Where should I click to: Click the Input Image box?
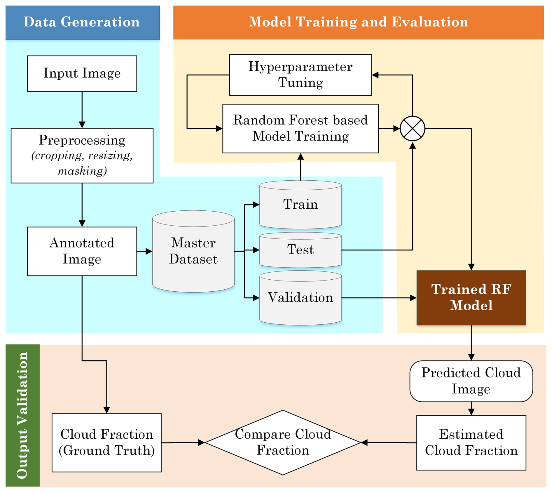pos(82,73)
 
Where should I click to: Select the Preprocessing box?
pos(82,155)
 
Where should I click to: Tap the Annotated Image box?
pos(82,251)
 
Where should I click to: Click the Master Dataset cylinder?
pos(193,251)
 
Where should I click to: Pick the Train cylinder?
pos(301,204)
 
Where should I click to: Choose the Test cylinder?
pos(301,250)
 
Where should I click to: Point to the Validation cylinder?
pos(301,298)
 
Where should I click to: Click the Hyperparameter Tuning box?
pos(301,75)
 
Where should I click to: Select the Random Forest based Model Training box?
pos(301,128)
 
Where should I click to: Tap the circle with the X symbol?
pos(412,128)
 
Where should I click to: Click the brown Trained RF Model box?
pos(471,297)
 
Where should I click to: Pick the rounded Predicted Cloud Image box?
pos(471,381)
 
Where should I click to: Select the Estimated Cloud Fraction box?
pos(471,442)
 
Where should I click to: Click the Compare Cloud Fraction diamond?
pos(283,442)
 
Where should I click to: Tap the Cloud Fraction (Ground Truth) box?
pos(106,442)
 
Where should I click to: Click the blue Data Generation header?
pos(82,22)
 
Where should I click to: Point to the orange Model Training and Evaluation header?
pos(358,22)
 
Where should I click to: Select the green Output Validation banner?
pos(22,415)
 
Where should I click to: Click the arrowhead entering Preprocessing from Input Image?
pos(82,125)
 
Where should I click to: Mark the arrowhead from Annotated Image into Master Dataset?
pos(149,251)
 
